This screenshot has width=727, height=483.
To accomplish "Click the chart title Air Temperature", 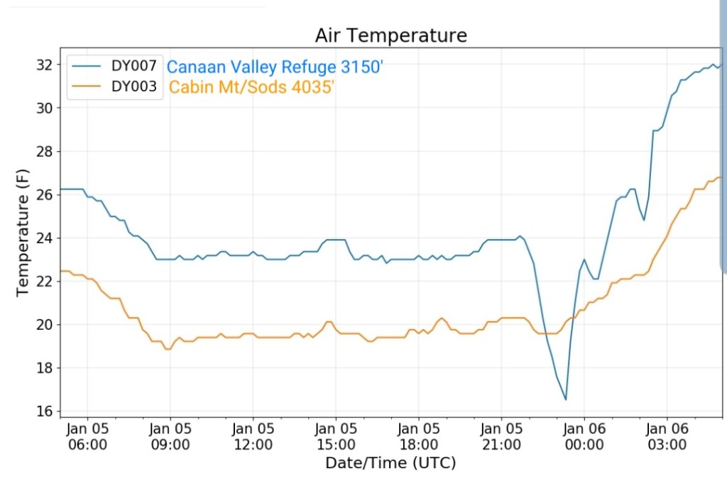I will pyautogui.click(x=391, y=35).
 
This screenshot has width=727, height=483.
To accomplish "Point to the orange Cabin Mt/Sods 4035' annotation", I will pyautogui.click(x=251, y=88).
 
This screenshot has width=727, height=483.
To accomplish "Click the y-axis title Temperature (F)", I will pyautogui.click(x=23, y=238).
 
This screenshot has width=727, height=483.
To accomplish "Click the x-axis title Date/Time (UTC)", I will pyautogui.click(x=390, y=463).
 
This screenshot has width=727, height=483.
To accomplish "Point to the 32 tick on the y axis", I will pyautogui.click(x=45, y=65).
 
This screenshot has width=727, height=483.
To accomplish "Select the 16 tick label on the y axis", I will pyautogui.click(x=45, y=411).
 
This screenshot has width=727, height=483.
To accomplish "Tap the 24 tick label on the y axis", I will pyautogui.click(x=45, y=238).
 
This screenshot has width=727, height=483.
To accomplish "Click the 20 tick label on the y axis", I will pyautogui.click(x=45, y=325).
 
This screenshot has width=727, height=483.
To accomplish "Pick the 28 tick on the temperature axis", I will pyautogui.click(x=45, y=151).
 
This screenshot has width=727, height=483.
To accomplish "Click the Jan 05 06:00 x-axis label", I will pyautogui.click(x=87, y=436).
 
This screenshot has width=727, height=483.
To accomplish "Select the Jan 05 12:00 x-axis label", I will pyautogui.click(x=253, y=436).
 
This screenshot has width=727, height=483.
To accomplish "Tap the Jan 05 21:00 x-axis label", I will pyautogui.click(x=501, y=436).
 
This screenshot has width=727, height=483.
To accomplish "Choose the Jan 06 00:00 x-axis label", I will pyautogui.click(x=584, y=436).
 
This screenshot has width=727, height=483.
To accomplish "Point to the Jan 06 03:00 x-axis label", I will pyautogui.click(x=667, y=436).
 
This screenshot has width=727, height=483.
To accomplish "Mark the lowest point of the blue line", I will pyautogui.click(x=566, y=400).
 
